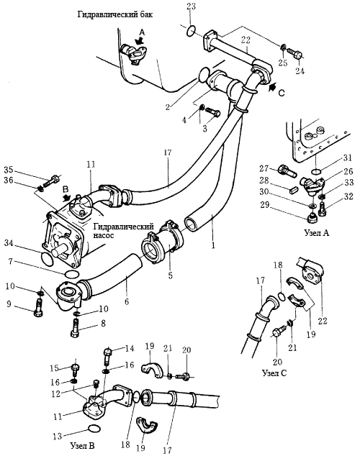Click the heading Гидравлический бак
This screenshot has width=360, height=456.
coord(114,14)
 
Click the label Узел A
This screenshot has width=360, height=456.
coord(317,232)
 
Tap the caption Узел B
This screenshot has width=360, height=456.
coord(83,445)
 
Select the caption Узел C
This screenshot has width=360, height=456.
coord(274,373)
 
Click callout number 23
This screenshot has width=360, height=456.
coord(191,6)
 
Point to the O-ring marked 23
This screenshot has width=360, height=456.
coord(191,31)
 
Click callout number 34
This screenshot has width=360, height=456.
coord(9,242)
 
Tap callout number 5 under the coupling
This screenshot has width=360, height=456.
coord(170,275)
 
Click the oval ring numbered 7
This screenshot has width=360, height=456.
coord(71,273)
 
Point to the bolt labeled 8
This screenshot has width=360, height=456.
coord(76,328)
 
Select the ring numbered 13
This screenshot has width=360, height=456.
coord(94,429)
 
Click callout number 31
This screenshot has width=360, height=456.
coord(348,158)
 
